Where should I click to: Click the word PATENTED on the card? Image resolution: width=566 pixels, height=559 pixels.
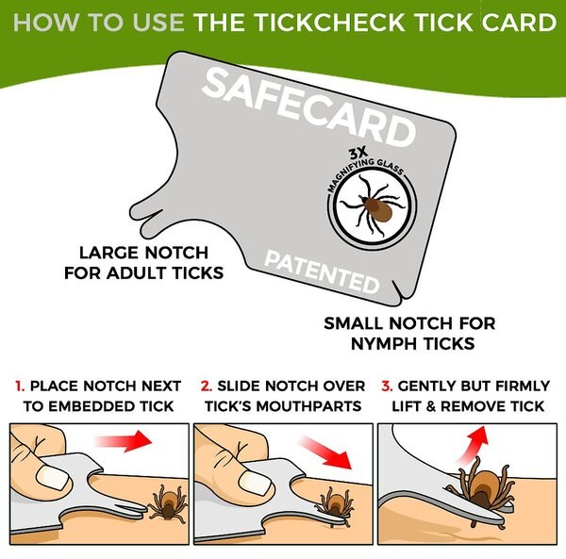click(322, 272)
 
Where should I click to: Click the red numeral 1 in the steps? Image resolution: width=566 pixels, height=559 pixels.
click(20, 386)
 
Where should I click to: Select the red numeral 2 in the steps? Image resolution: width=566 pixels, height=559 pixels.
click(206, 386)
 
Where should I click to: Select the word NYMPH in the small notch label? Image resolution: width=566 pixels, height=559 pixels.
click(402, 344)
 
